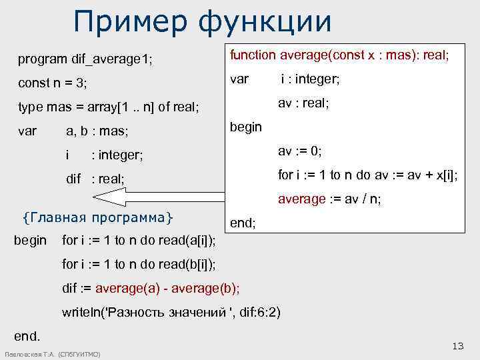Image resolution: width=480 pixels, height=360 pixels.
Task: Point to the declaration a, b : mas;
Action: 97,131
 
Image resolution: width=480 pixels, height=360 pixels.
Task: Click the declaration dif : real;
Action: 95,179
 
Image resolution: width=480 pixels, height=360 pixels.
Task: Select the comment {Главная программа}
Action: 97,217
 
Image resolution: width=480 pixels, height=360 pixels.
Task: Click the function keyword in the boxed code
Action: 253,56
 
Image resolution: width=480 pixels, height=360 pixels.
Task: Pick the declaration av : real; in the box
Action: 304,103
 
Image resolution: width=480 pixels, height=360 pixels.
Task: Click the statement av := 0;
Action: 300,151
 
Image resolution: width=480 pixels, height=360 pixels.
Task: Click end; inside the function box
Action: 243,223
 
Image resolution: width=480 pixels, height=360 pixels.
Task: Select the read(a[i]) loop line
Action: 138,240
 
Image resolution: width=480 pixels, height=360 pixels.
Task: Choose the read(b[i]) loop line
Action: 138,264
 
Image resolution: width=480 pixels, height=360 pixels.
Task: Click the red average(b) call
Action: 209,288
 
